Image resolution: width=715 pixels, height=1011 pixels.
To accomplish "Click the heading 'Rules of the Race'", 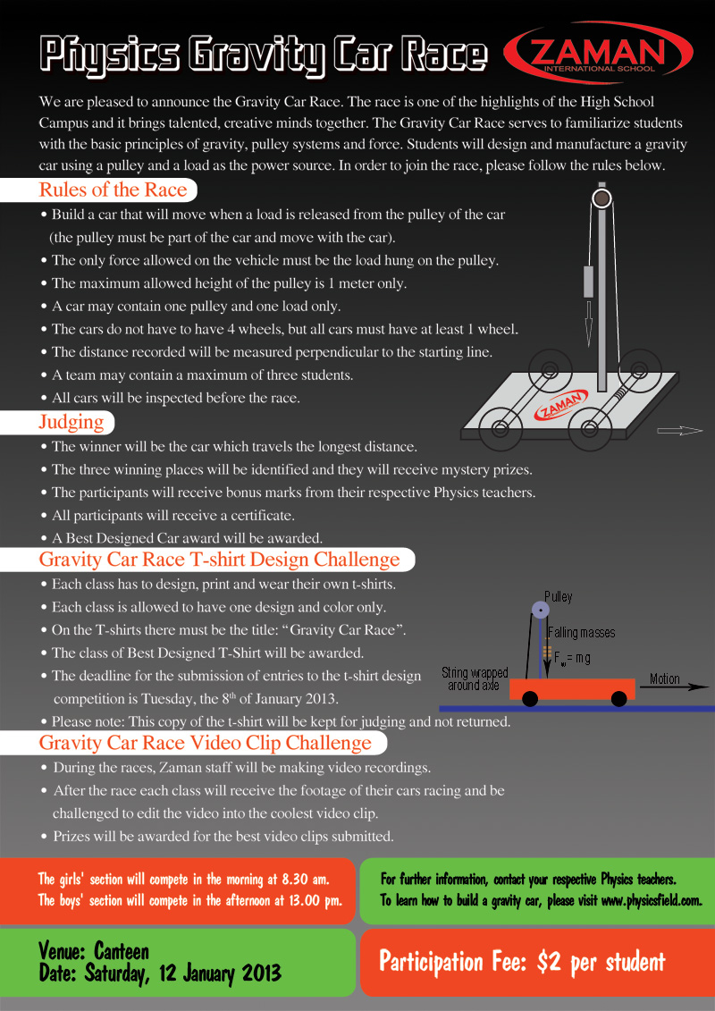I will click(x=113, y=190).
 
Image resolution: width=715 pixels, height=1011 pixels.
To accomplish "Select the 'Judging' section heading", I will click(x=71, y=421).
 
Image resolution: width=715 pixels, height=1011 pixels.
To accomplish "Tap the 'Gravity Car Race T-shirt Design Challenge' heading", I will click(x=219, y=560).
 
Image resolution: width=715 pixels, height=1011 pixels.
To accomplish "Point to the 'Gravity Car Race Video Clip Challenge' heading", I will click(x=205, y=743).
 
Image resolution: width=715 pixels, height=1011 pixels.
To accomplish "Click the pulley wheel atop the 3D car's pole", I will click(x=602, y=196).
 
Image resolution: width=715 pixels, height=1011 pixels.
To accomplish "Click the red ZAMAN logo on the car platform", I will click(x=560, y=404).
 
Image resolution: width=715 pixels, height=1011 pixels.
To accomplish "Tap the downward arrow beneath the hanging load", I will click(x=588, y=324).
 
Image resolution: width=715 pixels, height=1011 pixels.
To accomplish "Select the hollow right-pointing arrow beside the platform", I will click(x=680, y=431).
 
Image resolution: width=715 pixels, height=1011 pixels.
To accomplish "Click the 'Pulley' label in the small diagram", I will click(x=558, y=596).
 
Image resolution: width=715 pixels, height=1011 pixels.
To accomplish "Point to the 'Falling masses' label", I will click(x=581, y=632).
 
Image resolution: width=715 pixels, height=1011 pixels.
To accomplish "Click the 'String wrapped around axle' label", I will click(x=475, y=678).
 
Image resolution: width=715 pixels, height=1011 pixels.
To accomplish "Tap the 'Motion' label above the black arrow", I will click(x=664, y=678).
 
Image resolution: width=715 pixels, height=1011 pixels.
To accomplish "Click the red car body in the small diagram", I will click(x=572, y=688).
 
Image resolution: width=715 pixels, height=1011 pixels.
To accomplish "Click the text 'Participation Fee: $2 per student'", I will click(x=522, y=962).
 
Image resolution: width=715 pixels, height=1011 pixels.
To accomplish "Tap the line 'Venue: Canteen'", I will click(x=93, y=949).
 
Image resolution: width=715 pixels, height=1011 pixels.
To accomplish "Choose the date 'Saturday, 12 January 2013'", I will click(x=182, y=973).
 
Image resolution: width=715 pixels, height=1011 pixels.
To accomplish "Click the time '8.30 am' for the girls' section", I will click(x=306, y=878).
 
